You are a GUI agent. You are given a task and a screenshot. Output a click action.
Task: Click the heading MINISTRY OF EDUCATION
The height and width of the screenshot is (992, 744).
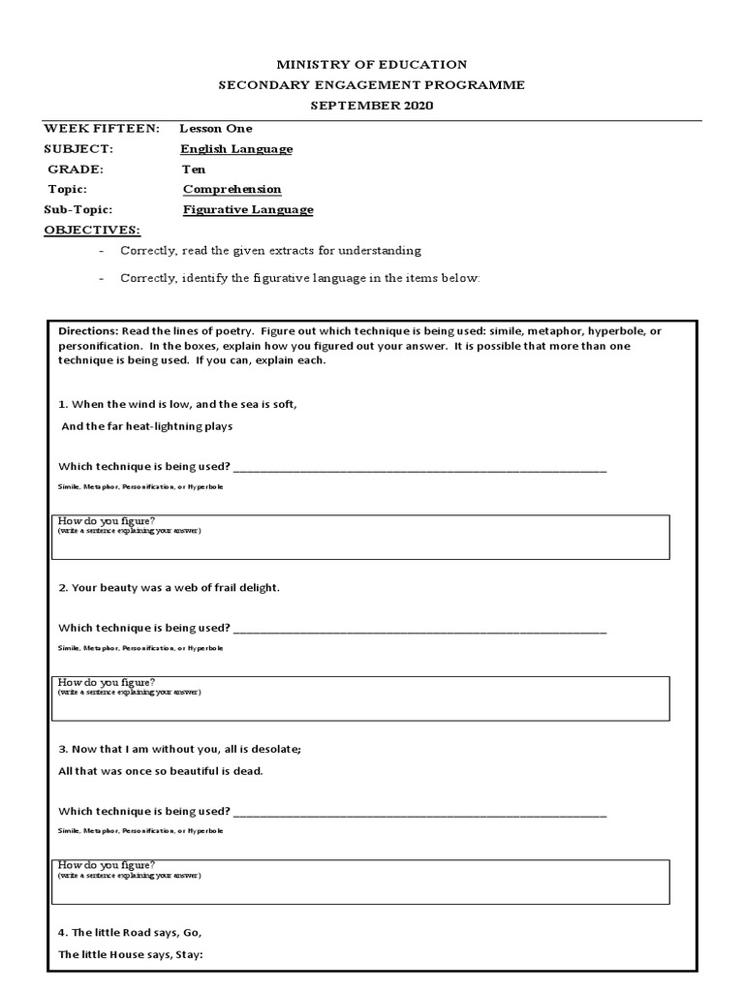[x=371, y=65]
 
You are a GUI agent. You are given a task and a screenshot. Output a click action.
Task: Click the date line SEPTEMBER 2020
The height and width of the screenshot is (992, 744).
[x=371, y=105]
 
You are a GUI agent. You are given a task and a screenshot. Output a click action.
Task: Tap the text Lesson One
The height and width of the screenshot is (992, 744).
[x=215, y=128]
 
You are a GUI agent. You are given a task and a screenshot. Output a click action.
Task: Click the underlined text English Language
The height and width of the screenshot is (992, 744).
[x=236, y=149]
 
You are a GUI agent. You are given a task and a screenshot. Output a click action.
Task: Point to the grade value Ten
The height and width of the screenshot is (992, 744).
[x=194, y=170]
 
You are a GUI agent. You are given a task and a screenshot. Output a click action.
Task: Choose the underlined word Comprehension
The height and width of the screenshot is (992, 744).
[x=232, y=190]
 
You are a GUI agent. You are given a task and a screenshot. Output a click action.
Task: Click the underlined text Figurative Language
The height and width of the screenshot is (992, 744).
[x=247, y=210]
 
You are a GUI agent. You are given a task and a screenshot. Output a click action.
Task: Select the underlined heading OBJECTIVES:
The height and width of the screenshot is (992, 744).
[x=92, y=230]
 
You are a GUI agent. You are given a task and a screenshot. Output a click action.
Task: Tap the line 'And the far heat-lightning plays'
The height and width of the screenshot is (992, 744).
[x=147, y=426]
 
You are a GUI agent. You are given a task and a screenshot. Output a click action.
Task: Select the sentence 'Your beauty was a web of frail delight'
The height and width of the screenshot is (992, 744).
[x=170, y=588]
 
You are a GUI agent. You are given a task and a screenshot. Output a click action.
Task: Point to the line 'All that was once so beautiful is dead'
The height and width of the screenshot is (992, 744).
[x=161, y=771]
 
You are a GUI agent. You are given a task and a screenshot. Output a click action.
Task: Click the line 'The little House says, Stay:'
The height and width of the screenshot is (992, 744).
[x=131, y=954]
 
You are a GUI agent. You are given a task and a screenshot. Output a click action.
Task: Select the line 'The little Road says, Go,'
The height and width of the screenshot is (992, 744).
[x=130, y=933]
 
